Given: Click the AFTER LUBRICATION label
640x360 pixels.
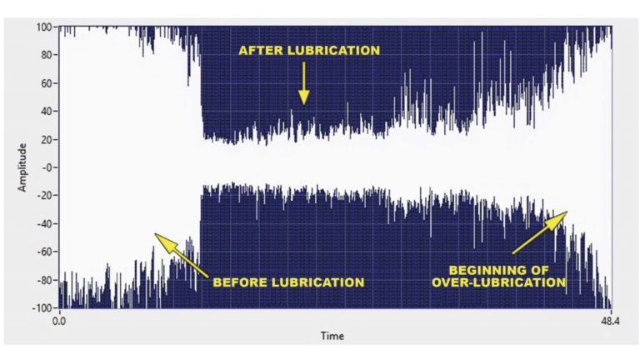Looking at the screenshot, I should point(309,51).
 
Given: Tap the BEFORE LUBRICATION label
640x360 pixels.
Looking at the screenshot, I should point(288,282).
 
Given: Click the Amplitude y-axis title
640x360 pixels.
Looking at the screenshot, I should point(23,167).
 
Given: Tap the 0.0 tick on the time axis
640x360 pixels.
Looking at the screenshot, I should point(59,320).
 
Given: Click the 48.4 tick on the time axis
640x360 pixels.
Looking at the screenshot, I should point(612,320).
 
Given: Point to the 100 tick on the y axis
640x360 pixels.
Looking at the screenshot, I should point(45,27).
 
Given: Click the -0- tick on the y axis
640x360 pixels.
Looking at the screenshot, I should point(47,167).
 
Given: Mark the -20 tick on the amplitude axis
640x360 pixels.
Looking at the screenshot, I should point(45,196).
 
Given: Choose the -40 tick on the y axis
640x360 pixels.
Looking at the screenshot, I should point(45,223).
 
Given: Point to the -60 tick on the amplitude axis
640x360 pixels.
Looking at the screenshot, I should point(45,252).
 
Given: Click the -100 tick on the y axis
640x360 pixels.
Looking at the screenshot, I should point(43,307).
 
